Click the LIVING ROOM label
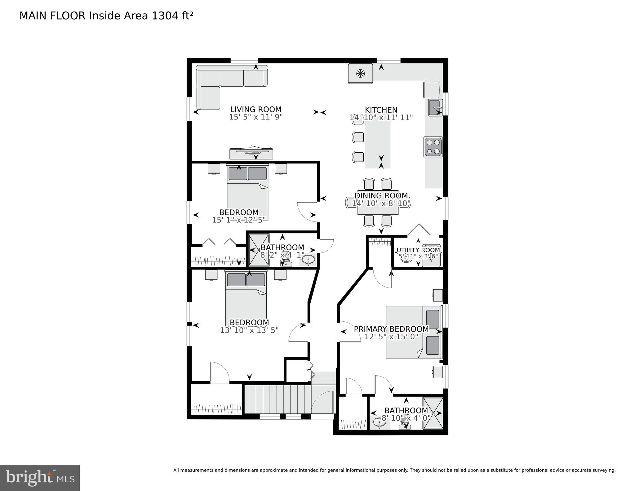[x=255, y=109]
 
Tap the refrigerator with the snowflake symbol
[x=360, y=74]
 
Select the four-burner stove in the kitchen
[x=433, y=147]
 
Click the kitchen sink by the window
[x=435, y=108]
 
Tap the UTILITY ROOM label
[x=418, y=250]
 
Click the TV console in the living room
[x=251, y=153]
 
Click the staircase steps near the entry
[x=278, y=399]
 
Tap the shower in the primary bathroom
[x=433, y=413]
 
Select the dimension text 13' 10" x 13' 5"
[x=249, y=330]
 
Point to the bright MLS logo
[x=40, y=477]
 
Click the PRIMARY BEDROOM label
[x=391, y=329]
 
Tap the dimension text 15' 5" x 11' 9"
[x=256, y=117]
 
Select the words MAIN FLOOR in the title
[x=52, y=16]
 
